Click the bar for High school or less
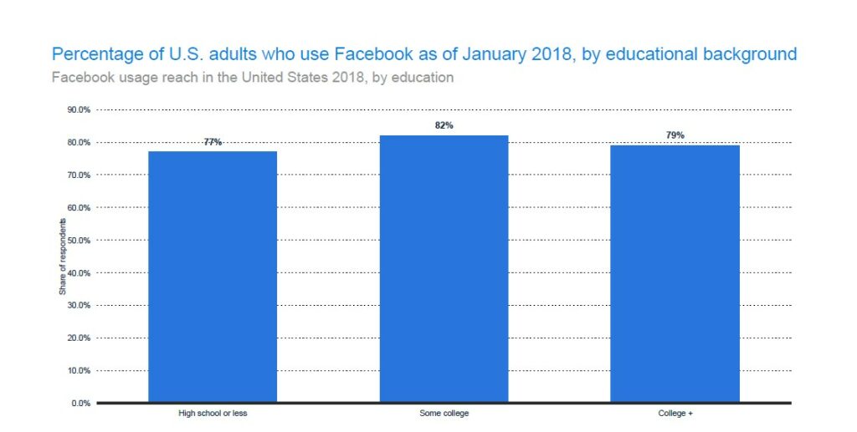tap(213, 277)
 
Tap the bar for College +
tap(675, 274)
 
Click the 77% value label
tap(213, 142)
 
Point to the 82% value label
tap(444, 125)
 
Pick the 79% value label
tap(675, 135)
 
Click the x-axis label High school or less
tap(213, 414)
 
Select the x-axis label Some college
tap(444, 414)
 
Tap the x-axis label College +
tap(675, 414)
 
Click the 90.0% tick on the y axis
tap(78, 109)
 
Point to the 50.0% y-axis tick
tap(78, 240)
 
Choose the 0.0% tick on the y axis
tap(80, 403)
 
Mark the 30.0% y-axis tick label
tap(78, 305)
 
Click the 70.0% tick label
tap(78, 175)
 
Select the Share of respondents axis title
tap(62, 257)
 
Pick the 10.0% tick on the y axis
tap(78, 370)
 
